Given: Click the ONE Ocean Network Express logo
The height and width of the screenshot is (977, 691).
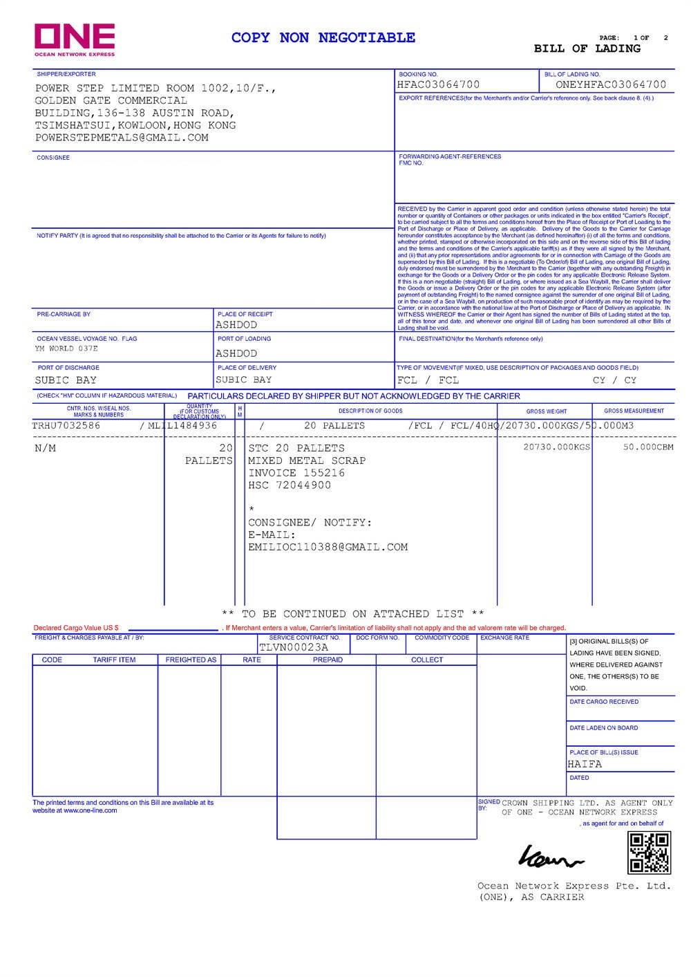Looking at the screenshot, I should [x=75, y=39].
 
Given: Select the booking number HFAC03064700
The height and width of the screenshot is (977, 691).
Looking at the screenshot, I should [x=438, y=85].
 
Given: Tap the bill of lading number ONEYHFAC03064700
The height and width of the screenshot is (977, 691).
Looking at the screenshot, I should [x=611, y=85].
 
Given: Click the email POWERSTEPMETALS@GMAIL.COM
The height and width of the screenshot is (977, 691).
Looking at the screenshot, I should [x=122, y=138].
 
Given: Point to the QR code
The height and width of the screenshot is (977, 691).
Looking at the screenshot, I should [x=648, y=853].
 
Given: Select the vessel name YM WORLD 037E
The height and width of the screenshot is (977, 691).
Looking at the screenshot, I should [x=66, y=349].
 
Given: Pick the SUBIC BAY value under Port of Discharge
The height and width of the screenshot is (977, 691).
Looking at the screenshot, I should [x=66, y=380].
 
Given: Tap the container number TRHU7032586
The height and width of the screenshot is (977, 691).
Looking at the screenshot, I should [x=66, y=426].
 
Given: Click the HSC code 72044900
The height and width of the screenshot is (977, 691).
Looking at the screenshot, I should [x=290, y=485].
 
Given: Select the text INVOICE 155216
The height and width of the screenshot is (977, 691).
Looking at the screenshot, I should [x=296, y=473].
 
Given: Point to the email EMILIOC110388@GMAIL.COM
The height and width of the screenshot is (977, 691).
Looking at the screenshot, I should [x=328, y=548].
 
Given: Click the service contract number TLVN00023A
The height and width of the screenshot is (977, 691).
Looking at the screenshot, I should [x=294, y=648].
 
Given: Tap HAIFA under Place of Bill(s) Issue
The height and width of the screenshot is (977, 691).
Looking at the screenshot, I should [x=585, y=764].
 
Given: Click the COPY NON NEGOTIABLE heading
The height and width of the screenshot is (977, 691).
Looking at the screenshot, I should [x=323, y=38].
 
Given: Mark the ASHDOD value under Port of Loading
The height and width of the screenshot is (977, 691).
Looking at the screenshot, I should [x=236, y=353].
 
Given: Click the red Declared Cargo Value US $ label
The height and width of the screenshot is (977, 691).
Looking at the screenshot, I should [x=76, y=628].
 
